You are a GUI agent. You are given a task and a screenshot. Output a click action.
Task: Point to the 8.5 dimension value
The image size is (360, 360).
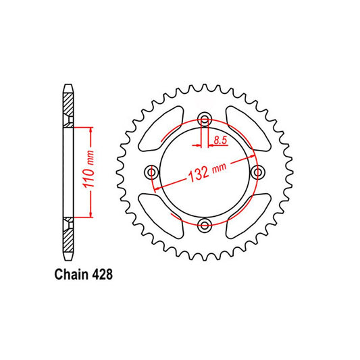(x=220, y=140)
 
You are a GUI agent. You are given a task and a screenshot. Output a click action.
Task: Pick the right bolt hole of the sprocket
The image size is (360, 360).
(x=257, y=174)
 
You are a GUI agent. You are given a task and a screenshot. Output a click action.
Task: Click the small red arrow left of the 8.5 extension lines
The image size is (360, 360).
(x=197, y=145)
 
